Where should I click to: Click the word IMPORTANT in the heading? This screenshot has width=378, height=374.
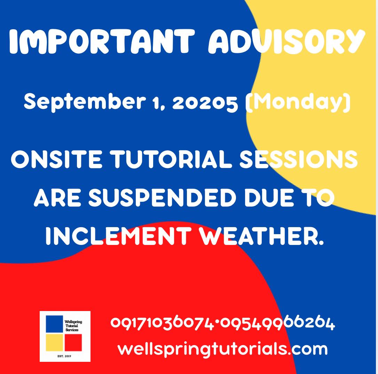(102, 41)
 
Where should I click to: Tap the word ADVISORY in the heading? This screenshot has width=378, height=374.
(287, 41)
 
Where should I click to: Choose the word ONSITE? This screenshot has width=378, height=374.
(57, 159)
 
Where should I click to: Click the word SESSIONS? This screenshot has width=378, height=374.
(298, 159)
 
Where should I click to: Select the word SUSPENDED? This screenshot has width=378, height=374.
(162, 198)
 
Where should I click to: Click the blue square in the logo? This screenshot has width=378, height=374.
(55, 324)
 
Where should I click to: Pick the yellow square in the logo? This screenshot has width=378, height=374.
(55, 342)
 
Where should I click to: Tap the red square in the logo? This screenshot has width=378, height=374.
(73, 342)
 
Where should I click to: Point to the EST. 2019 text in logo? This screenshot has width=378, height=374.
(64, 356)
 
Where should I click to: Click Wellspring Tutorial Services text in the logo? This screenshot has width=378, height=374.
(73, 326)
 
